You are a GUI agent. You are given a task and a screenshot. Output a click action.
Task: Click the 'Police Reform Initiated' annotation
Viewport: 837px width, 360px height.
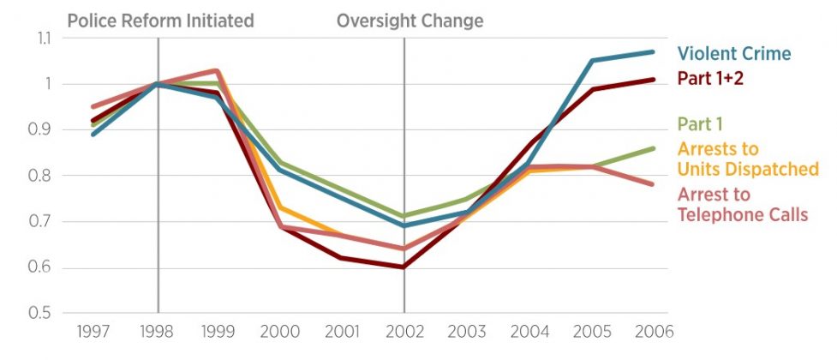(160, 20)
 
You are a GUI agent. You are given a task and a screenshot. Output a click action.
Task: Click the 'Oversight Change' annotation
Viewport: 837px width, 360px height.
(410, 20)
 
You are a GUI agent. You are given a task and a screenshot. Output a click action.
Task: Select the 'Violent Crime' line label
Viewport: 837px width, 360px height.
(734, 54)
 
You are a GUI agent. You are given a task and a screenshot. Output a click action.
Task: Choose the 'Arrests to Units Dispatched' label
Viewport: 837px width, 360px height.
(748, 159)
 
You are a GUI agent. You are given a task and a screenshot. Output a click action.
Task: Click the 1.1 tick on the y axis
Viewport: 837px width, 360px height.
(41, 39)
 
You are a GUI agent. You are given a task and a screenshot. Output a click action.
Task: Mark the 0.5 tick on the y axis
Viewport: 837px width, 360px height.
(41, 314)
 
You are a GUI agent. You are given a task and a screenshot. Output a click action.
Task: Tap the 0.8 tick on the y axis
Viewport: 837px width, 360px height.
(41, 176)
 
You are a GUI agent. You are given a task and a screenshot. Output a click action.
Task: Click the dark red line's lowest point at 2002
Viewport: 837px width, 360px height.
(404, 267)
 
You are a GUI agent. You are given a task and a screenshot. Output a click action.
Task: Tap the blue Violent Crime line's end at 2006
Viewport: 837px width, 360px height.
(654, 52)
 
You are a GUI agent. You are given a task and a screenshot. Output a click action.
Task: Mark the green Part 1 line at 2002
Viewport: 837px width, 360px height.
(404, 216)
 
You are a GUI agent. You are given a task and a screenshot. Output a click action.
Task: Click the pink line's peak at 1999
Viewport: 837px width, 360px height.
(217, 70)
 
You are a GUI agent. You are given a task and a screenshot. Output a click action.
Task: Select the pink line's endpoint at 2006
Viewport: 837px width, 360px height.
(654, 184)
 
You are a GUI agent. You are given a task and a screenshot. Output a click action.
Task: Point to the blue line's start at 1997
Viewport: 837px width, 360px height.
(93, 135)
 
